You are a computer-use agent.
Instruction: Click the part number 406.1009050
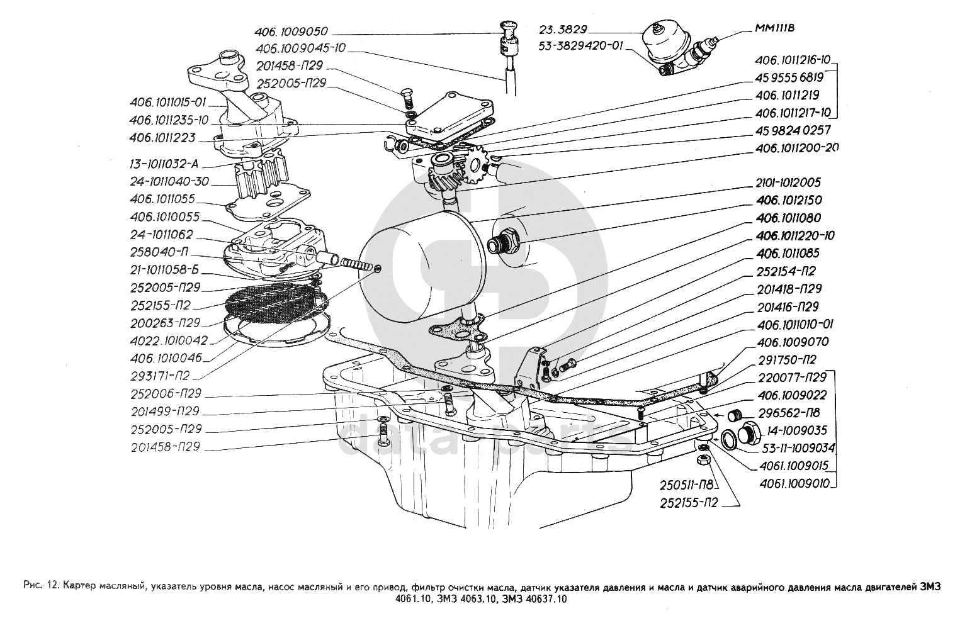coord(291,31)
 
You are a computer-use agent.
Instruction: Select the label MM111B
coord(774,28)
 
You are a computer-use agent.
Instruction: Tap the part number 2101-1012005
coord(787,182)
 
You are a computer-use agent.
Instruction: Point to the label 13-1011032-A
coord(164,164)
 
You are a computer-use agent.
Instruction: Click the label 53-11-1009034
coord(798,448)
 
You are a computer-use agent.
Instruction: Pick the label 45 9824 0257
coord(793,131)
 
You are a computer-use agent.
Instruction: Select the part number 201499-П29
coord(166,411)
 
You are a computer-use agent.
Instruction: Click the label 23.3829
coord(563,28)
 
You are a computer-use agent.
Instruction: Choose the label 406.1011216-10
coord(793,60)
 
